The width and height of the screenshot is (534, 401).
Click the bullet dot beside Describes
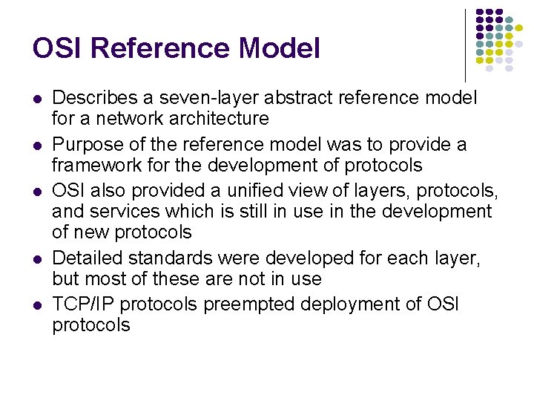[37, 99]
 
